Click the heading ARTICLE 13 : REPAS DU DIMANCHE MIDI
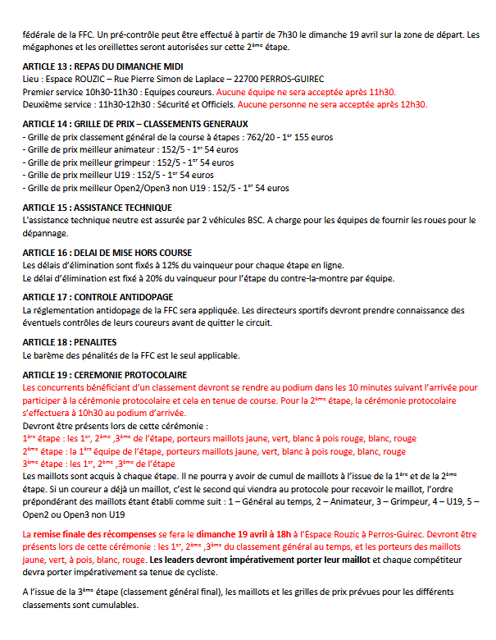point(102,66)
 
